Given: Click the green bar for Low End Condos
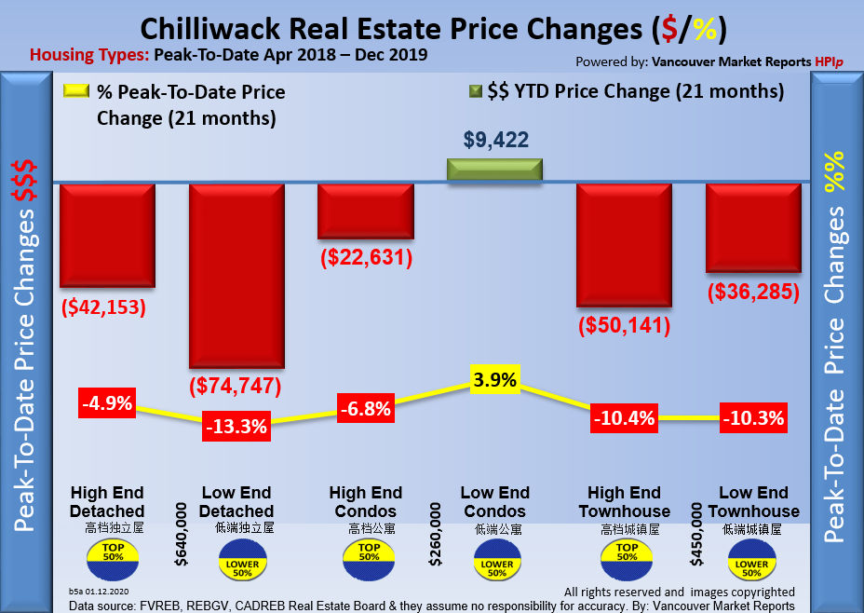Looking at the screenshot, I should (494, 170).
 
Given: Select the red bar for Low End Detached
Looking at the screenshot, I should (236, 275).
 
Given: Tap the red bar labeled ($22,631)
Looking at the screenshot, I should (365, 211).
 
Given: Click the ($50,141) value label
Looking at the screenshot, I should (624, 327).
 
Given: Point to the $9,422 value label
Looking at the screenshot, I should (495, 141).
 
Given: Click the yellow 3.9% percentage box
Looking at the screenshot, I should (494, 380).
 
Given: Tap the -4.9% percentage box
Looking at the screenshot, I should (107, 404).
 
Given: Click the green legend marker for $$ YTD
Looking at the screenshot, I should (475, 92).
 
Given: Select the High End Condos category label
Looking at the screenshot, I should (365, 501).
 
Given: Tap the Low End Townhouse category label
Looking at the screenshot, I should (753, 501).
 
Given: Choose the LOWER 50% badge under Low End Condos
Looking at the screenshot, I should (495, 564).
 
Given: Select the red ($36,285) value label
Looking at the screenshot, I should (753, 292).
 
